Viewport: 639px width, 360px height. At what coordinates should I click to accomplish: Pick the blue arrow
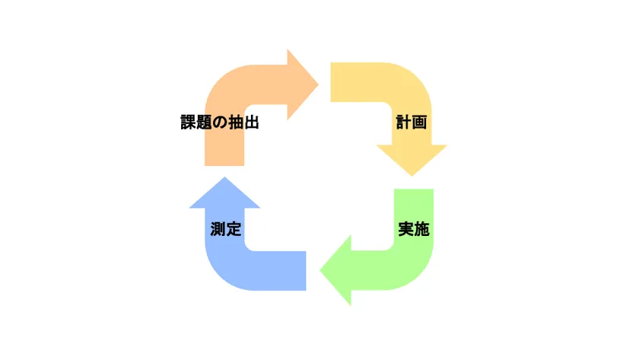pyautogui.click(x=236, y=266)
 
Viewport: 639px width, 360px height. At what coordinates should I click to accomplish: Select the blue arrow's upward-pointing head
pyautogui.click(x=224, y=193)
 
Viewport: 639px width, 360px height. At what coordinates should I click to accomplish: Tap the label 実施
pyautogui.click(x=414, y=229)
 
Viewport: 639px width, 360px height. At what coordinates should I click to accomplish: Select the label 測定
pyautogui.click(x=226, y=229)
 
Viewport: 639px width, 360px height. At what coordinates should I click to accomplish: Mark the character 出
pyautogui.click(x=250, y=123)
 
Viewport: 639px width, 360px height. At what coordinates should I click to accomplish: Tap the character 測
pyautogui.click(x=218, y=229)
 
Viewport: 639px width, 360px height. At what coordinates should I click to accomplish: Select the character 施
pyautogui.click(x=422, y=229)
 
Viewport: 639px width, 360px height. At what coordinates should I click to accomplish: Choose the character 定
pyautogui.click(x=234, y=229)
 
